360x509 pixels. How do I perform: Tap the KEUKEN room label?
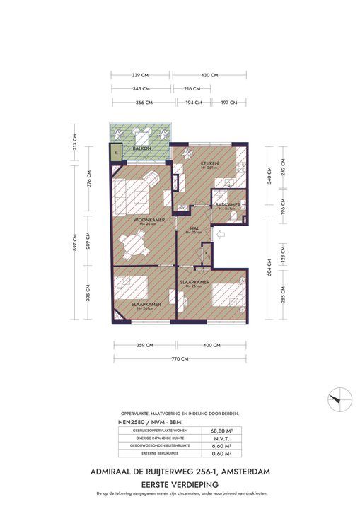click(x=209, y=164)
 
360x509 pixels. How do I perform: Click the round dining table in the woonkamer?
click(x=134, y=247)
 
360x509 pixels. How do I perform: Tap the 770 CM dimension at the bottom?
click(x=180, y=359)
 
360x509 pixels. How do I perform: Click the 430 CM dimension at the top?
click(x=209, y=74)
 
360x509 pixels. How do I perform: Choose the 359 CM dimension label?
click(x=144, y=345)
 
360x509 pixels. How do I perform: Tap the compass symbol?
click(x=339, y=397)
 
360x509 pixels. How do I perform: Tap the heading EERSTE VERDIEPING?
click(x=180, y=483)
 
